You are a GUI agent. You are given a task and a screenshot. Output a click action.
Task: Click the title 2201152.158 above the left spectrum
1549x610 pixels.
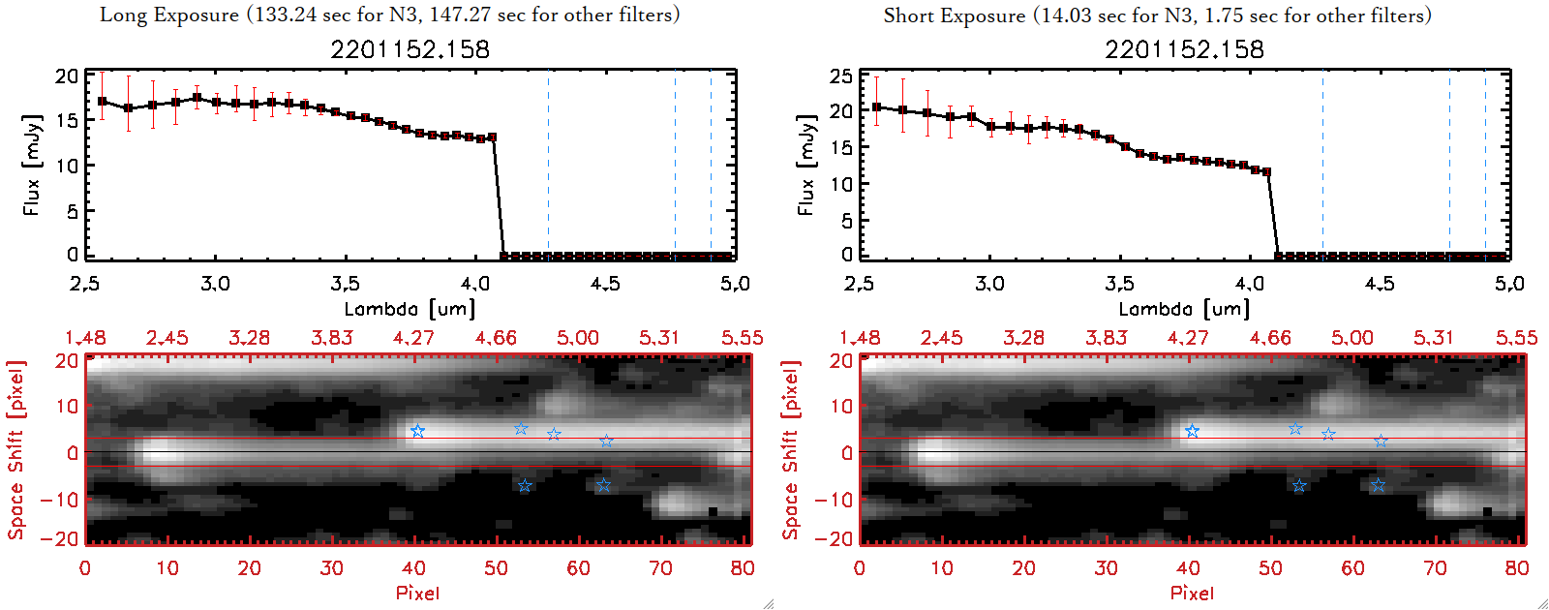[x=410, y=49]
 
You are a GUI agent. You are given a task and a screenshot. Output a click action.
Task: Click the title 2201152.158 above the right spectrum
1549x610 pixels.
[x=1184, y=49]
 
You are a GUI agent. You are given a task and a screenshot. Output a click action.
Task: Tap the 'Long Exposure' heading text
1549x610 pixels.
[x=169, y=15]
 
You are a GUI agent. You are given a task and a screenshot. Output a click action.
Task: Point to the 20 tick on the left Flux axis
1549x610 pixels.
[x=67, y=76]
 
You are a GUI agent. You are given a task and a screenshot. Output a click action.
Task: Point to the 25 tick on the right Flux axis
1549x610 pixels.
[x=841, y=76]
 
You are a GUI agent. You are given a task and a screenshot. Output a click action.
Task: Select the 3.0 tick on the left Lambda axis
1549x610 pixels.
[x=215, y=284]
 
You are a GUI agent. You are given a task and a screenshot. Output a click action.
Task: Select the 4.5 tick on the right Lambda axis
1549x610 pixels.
[x=1380, y=284]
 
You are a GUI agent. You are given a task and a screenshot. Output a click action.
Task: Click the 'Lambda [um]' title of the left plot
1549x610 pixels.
[x=410, y=309]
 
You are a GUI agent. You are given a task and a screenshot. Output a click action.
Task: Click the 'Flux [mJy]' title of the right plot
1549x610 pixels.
[x=805, y=165]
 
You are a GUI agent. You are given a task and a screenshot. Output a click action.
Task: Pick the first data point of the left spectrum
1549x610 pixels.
[x=103, y=101]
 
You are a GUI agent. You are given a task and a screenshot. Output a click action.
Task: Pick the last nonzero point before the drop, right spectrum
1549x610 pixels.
[x=1266, y=172]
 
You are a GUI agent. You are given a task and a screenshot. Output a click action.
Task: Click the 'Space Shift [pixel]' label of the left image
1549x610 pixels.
[x=16, y=450]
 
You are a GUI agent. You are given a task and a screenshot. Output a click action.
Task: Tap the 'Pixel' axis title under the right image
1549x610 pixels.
[x=1192, y=593]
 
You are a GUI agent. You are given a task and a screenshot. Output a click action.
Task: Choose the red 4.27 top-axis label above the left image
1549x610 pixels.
[x=413, y=338]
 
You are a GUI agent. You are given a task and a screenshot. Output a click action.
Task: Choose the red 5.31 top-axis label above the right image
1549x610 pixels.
[x=1434, y=338]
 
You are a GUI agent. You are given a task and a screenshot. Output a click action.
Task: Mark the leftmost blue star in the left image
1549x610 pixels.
[x=417, y=431]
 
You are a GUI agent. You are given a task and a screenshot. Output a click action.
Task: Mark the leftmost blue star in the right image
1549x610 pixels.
[x=1192, y=431]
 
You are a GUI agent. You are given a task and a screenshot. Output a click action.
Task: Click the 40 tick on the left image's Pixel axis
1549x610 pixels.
[x=413, y=568]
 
